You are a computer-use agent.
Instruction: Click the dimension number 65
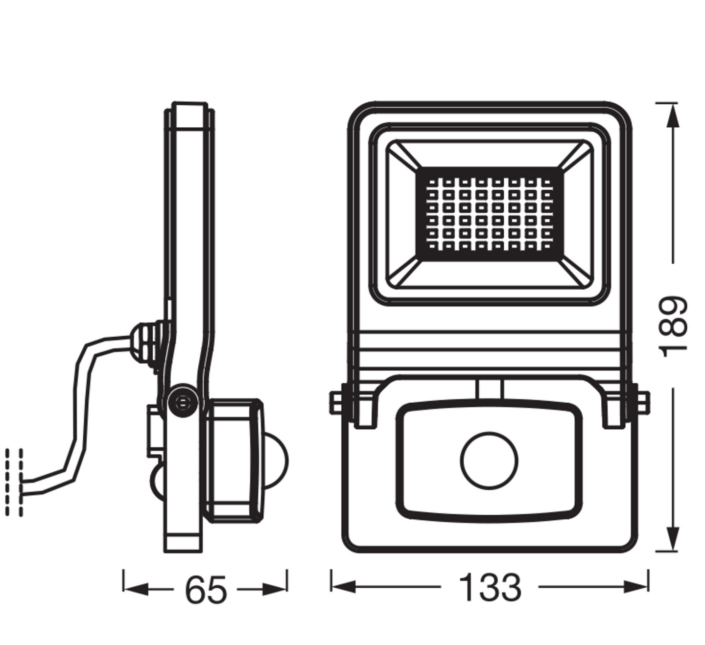click(206, 590)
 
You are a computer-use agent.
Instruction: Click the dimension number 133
click(490, 587)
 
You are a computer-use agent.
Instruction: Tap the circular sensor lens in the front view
click(489, 460)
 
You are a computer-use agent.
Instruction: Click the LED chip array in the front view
click(489, 213)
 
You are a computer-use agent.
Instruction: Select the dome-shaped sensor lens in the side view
click(276, 461)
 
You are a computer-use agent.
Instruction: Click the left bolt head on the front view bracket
click(336, 402)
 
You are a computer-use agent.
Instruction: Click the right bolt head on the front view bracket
click(642, 402)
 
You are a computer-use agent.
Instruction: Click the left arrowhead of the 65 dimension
click(135, 589)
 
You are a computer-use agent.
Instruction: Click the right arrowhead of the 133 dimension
click(636, 586)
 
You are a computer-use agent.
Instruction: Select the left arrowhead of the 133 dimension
click(343, 586)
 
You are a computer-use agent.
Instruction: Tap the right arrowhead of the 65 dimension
click(275, 589)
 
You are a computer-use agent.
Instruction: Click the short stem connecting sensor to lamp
click(489, 389)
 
